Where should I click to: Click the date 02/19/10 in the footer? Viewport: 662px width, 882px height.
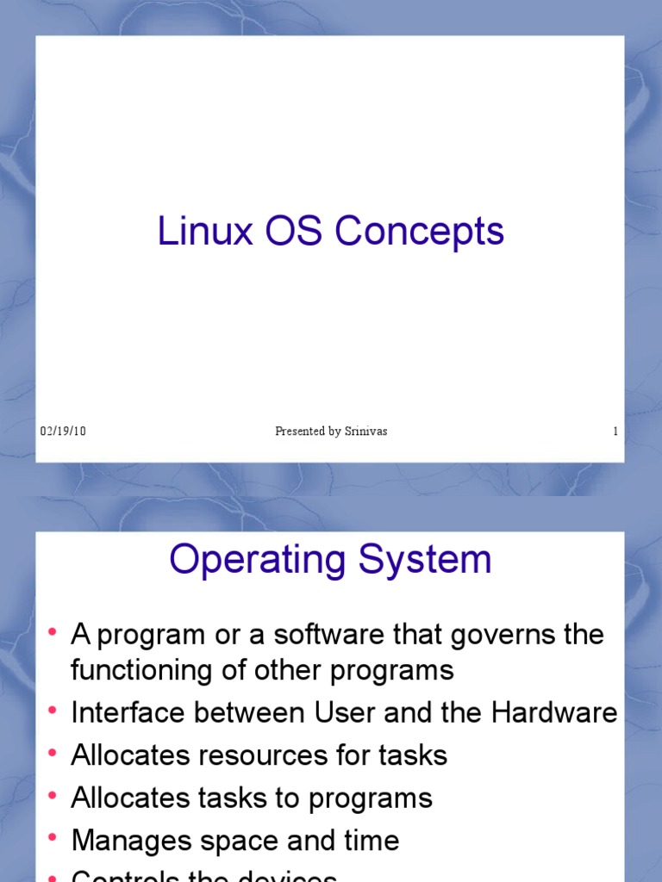point(63,432)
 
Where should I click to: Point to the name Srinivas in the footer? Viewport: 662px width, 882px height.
point(366,432)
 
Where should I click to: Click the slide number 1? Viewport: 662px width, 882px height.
point(615,432)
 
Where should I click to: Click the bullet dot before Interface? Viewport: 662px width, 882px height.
point(53,711)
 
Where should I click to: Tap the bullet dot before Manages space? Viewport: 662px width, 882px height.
point(53,838)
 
